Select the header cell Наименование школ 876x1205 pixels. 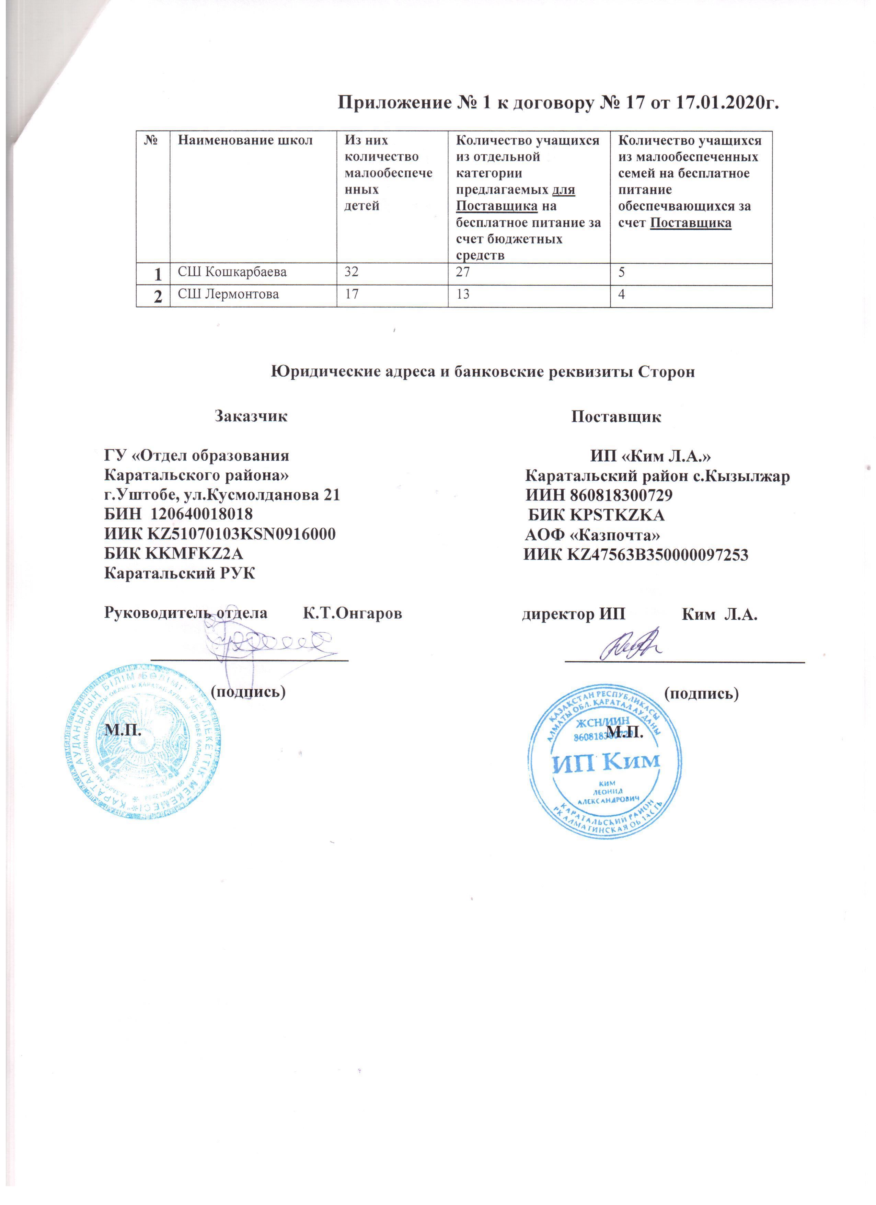coord(245,141)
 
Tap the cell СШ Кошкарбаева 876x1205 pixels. coord(232,272)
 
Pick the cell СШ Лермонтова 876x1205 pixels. coord(228,294)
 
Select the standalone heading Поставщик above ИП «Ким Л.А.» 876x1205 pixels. coord(616,416)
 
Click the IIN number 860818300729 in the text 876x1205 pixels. coord(621,495)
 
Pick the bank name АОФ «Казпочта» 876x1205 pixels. coord(592,535)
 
